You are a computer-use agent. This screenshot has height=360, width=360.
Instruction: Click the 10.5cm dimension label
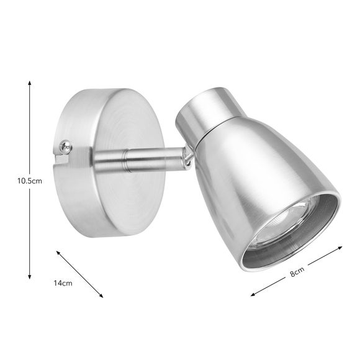click(x=30, y=181)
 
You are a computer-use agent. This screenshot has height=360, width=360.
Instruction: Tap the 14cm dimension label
click(x=63, y=283)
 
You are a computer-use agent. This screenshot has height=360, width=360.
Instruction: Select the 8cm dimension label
click(x=297, y=272)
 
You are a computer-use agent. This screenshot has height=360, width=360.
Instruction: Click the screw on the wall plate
click(x=66, y=147)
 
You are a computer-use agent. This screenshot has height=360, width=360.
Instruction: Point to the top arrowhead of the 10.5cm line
click(x=29, y=83)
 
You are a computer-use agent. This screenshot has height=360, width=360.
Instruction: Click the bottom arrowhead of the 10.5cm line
click(x=29, y=277)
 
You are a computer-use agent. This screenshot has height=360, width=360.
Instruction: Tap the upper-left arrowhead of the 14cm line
click(x=58, y=253)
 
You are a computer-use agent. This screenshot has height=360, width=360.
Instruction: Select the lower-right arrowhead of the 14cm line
click(x=101, y=295)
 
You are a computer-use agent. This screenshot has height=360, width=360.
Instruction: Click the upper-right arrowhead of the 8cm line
click(x=340, y=248)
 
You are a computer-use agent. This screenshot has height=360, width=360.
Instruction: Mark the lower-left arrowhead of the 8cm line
click(x=253, y=294)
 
